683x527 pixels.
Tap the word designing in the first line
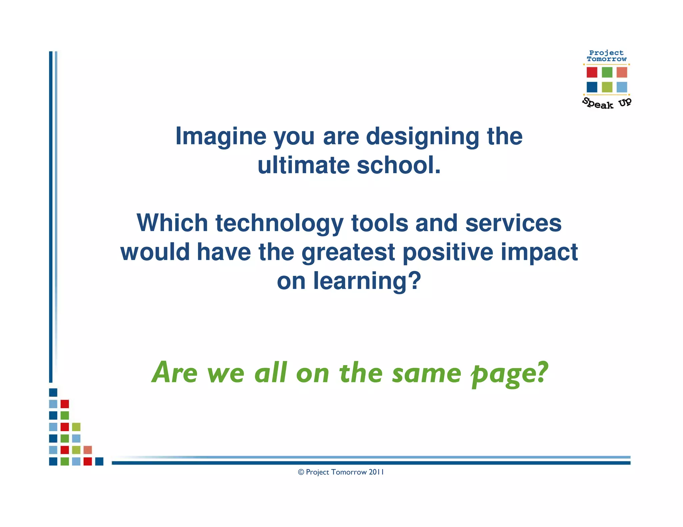423,137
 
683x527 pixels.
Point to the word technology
279,223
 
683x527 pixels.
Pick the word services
513,223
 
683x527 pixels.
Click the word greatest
348,252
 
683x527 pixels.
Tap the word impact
539,252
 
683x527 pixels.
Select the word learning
367,281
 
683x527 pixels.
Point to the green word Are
175,372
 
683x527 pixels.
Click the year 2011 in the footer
376,472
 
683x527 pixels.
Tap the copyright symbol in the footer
301,472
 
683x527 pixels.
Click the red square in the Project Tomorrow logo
592,72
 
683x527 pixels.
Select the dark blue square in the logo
592,87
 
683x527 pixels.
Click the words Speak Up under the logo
606,103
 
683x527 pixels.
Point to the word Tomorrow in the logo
606,59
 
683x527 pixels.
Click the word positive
448,252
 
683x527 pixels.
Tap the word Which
172,223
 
